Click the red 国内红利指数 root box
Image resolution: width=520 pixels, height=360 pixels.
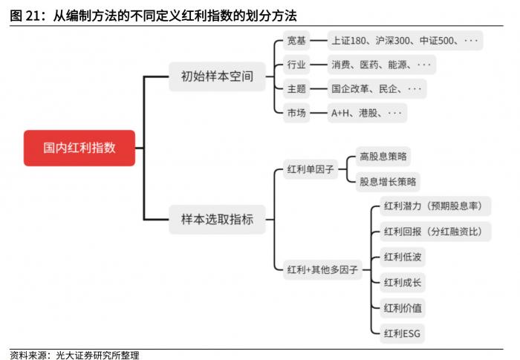coord(79,148)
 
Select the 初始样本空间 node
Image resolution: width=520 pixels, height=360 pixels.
coord(217,76)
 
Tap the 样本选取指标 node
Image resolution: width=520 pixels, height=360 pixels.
coord(217,220)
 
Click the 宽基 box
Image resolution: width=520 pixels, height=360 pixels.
coord(296,40)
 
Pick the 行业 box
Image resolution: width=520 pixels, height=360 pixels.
coord(296,65)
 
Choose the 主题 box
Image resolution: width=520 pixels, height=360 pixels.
coord(296,89)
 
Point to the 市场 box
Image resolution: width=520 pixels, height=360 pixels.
coord(296,113)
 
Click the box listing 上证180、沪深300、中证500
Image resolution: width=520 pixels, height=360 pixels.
coord(406,40)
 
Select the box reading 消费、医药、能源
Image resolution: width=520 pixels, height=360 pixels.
coord(382,65)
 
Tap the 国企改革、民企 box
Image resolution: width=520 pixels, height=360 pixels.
coord(377,89)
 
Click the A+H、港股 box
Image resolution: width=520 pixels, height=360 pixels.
coord(367,113)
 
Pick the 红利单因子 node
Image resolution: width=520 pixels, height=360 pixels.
coord(311,169)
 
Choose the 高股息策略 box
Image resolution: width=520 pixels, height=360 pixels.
coord(383,156)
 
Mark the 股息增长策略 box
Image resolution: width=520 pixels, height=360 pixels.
coord(388,182)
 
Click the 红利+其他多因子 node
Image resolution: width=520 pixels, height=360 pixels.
coord(322,270)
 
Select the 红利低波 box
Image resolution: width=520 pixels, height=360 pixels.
coord(403,257)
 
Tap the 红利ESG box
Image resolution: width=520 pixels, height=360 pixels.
coord(403,333)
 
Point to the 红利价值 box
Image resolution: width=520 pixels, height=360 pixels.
coord(403,308)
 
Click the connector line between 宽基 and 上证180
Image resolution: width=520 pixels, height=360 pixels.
coord(319,40)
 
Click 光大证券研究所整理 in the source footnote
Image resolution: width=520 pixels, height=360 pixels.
coord(97,356)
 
